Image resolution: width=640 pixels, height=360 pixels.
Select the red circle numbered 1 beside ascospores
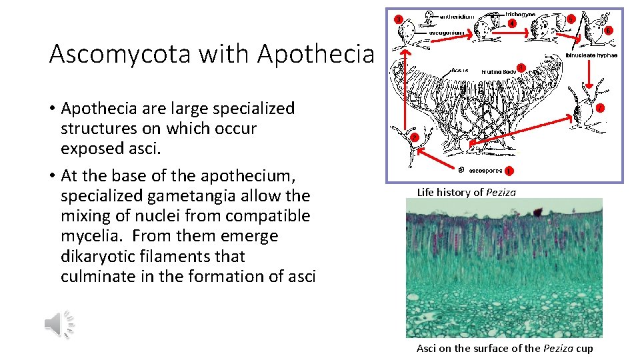pyautogui.click(x=509, y=171)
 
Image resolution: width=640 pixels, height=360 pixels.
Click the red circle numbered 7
pyautogui.click(x=600, y=107)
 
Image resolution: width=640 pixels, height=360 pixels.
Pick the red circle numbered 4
pyautogui.click(x=511, y=23)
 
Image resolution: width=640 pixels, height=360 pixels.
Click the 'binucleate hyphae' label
pyautogui.click(x=591, y=55)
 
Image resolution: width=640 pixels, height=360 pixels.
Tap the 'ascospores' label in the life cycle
pyautogui.click(x=485, y=170)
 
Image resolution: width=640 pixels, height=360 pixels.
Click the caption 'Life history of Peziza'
pyautogui.click(x=466, y=193)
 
